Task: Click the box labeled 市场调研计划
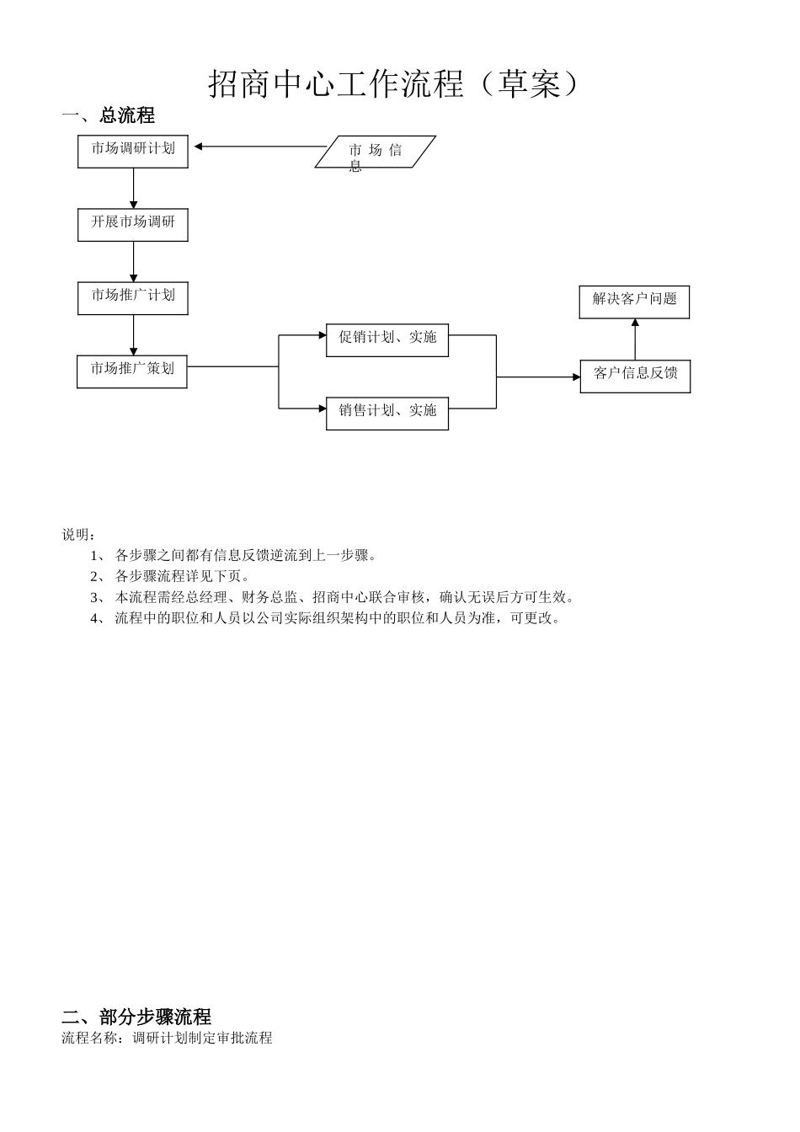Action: tap(133, 152)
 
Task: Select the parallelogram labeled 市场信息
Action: tap(376, 152)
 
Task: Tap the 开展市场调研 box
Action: tap(133, 225)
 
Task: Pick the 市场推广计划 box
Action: tap(133, 298)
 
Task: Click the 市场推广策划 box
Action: tap(132, 371)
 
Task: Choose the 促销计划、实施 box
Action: tap(387, 339)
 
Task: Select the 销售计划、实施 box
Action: tap(387, 413)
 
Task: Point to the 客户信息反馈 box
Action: tap(635, 376)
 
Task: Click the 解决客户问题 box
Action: tap(634, 302)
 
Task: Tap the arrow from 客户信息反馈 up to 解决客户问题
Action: tap(635, 339)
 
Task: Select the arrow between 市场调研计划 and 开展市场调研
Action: tap(133, 188)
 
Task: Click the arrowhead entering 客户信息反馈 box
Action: tap(575, 377)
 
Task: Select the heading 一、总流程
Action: tap(108, 115)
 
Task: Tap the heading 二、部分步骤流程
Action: tap(136, 1017)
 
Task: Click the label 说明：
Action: tap(79, 535)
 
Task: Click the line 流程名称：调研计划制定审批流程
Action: tap(167, 1038)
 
